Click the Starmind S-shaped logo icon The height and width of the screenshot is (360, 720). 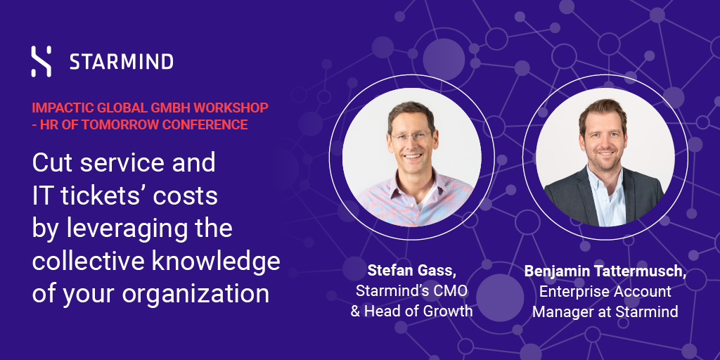pos(41,61)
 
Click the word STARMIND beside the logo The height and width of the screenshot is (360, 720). pos(122,62)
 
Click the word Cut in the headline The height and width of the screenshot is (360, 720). pos(52,163)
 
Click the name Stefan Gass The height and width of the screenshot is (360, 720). pos(411,271)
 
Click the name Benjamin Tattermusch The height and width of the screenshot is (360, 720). pos(605,271)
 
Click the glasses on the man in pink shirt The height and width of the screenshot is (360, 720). pos(411,136)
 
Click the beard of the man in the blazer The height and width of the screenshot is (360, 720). pos(606,157)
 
